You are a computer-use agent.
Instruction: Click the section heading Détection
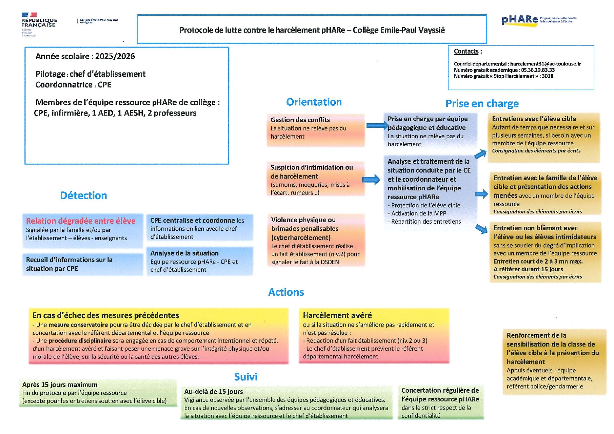coord(83,195)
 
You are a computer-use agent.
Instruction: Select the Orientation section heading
coord(314,102)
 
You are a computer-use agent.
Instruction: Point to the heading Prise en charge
coord(482,104)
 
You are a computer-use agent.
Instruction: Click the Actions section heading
coord(286,292)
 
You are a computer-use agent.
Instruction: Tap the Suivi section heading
coord(246,377)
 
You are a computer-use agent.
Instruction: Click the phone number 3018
coord(547,76)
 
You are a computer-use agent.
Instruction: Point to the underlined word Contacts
coord(466,51)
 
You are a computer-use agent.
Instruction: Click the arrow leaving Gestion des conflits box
coord(377,125)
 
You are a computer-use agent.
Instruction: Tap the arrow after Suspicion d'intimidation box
coord(371,180)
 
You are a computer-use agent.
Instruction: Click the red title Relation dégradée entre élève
coord(81,221)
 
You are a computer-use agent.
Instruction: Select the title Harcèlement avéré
coord(337,315)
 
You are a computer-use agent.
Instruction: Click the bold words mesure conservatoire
coord(78,325)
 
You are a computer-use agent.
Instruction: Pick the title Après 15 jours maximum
coord(60,385)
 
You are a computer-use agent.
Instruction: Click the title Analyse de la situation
coord(184,253)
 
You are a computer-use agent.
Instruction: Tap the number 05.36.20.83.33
coord(538,70)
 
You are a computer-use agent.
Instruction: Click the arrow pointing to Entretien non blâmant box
coord(482,229)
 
